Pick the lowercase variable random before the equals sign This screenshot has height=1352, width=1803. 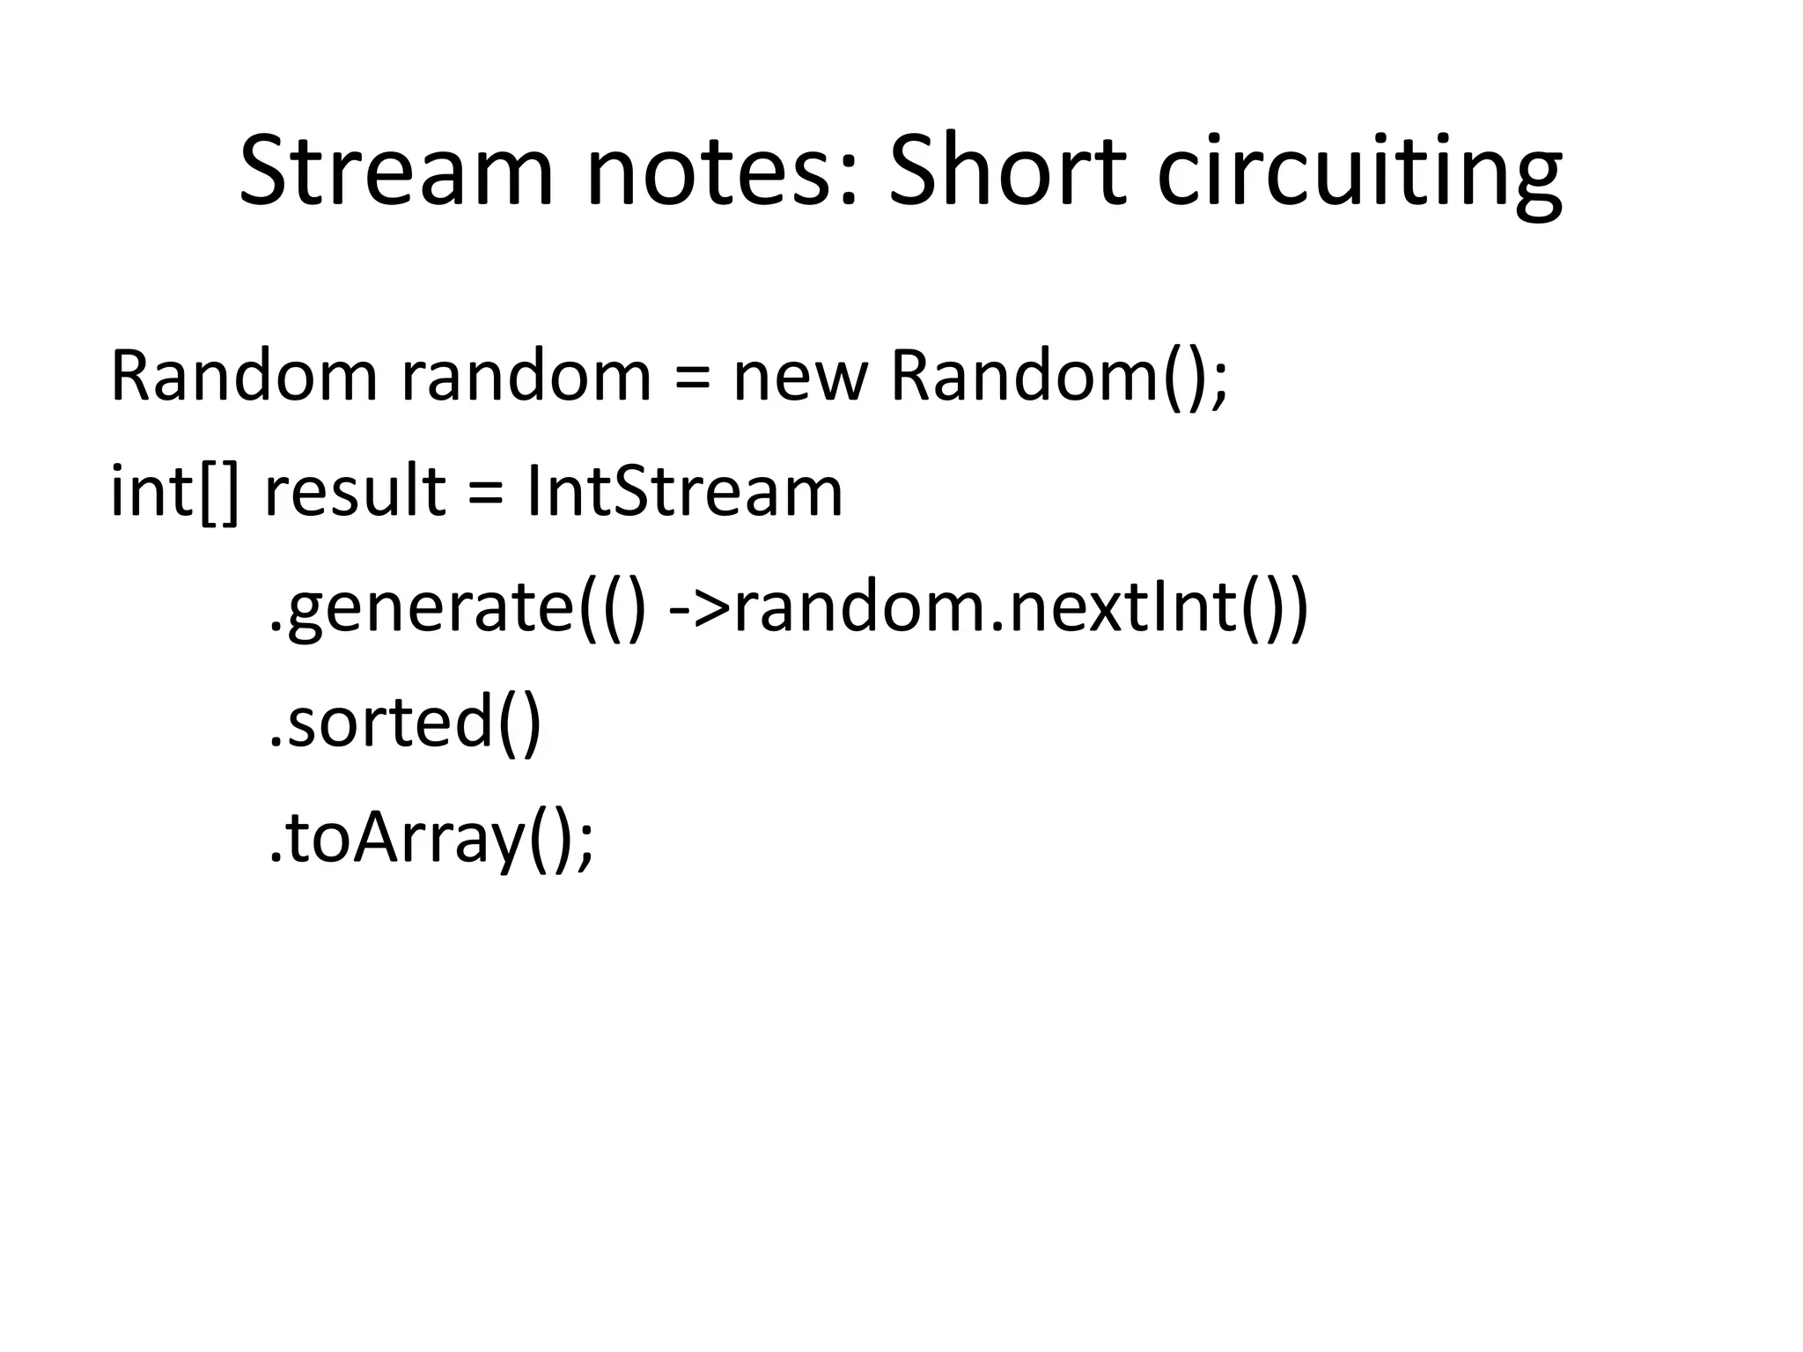[526, 377]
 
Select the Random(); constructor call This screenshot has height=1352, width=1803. [1056, 377]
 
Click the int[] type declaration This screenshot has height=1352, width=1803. [173, 493]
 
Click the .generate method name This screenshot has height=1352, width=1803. [423, 609]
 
